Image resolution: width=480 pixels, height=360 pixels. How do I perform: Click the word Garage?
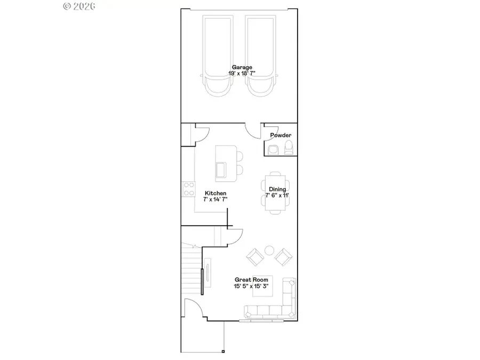coord(238,67)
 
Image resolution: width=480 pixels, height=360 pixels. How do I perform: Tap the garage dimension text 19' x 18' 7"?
coord(238,74)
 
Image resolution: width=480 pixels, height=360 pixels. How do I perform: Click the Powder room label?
coord(281,135)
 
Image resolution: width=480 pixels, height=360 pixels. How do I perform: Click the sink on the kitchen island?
coord(221,170)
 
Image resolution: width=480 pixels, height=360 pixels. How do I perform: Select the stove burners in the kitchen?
coord(188,189)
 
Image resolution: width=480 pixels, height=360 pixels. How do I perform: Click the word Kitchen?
coord(215,193)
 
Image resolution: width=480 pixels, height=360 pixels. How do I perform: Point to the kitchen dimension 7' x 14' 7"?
coord(215,199)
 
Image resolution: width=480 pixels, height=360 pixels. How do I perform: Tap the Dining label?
coord(277,189)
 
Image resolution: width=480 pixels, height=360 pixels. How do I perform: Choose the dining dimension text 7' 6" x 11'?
coord(277,196)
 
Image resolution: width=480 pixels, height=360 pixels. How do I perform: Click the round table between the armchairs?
coord(269,250)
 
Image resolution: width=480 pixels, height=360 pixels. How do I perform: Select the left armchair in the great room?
coord(255,258)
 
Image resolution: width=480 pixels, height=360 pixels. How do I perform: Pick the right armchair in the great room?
coord(283,258)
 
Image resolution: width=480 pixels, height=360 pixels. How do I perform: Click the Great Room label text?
coord(250,279)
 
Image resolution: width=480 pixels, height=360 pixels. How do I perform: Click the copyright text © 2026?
coord(79,6)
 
